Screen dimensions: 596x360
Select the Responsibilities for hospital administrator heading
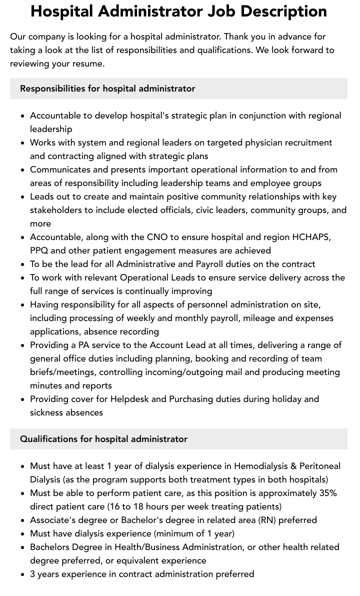(x=107, y=88)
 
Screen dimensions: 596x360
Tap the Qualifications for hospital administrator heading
(x=103, y=439)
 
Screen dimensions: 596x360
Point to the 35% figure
(x=328, y=493)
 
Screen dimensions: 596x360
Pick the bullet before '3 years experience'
(x=23, y=574)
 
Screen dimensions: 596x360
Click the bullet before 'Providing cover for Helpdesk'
(x=23, y=399)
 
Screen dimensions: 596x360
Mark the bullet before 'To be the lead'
(x=23, y=264)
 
